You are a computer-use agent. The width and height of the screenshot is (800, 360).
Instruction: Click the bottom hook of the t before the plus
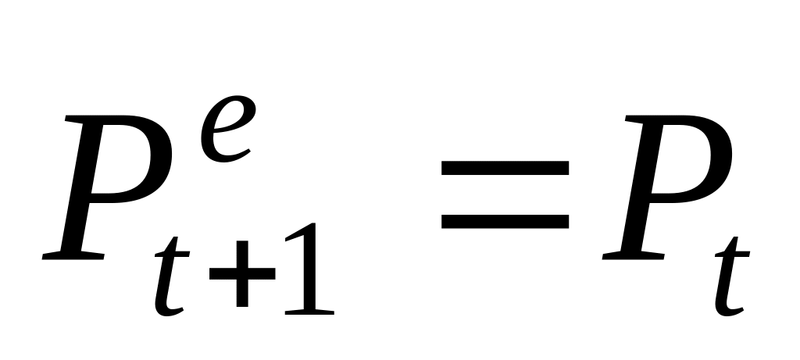click(x=170, y=310)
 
